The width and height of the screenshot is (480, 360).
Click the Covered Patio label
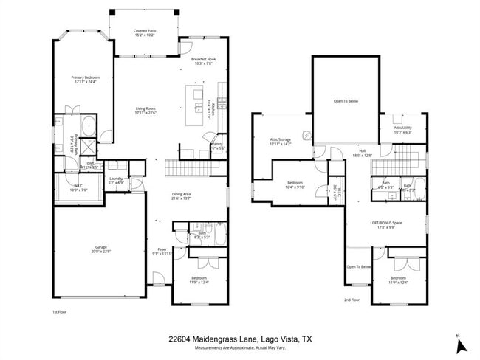pyautogui.click(x=144, y=32)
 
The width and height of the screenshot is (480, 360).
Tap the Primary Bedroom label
pyautogui.click(x=86, y=79)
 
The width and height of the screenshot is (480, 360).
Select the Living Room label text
pyautogui.click(x=145, y=110)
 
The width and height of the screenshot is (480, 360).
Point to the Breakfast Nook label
pyautogui.click(x=202, y=61)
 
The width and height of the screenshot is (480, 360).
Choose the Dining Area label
pyautogui.click(x=182, y=195)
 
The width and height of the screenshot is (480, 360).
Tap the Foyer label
pyautogui.click(x=162, y=250)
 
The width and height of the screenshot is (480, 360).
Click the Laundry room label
pyautogui.click(x=116, y=179)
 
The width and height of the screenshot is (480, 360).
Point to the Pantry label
pyautogui.click(x=217, y=145)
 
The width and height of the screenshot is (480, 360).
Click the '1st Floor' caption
pyautogui.click(x=59, y=311)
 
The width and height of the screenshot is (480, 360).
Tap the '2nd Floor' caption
pyautogui.click(x=352, y=300)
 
